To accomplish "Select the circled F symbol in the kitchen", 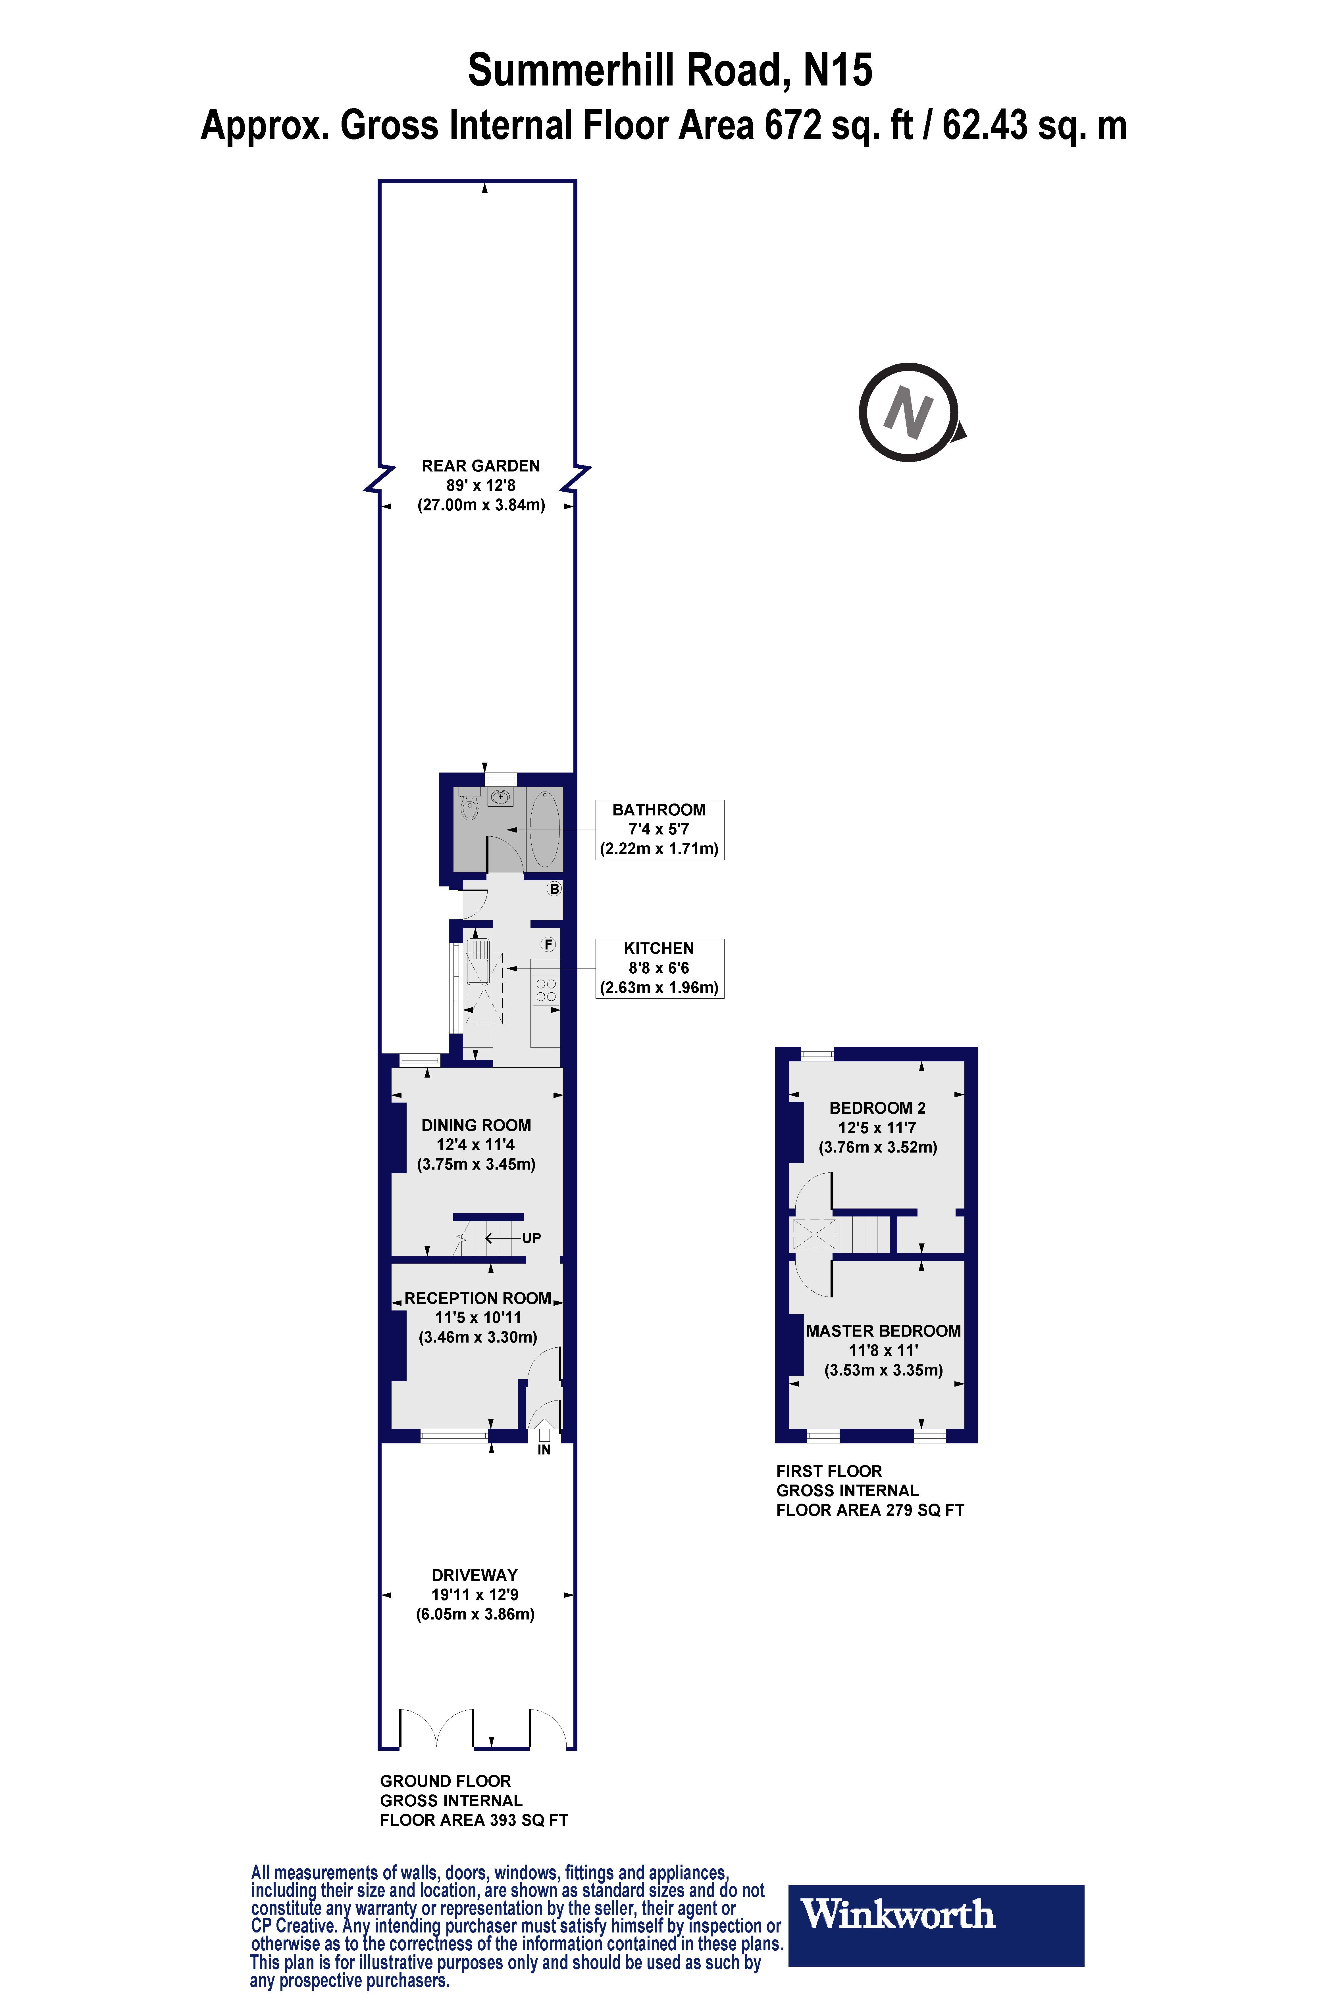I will coord(548,944).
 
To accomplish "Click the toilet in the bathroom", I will coord(468,806).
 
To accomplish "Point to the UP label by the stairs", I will coord(532,1238).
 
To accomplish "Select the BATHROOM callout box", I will coord(659,829).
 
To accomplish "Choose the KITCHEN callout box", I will coord(659,967).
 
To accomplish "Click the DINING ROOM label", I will coord(476,1125).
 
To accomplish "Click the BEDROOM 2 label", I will coord(877,1108).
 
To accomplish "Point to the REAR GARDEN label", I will coord(481,465).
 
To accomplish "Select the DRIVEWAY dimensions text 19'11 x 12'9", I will coord(475,1594).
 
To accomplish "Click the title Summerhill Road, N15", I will coord(670,70).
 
